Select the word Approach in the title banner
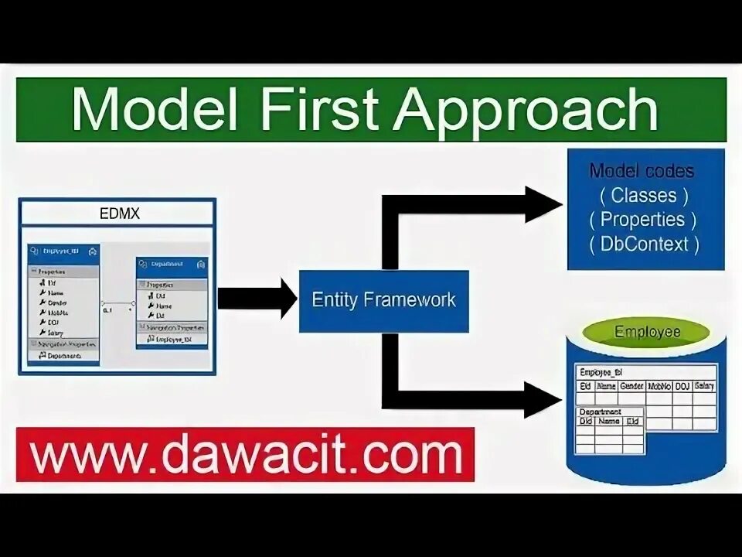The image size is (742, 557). [526, 111]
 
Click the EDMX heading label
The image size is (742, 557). [120, 213]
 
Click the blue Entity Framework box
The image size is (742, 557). [383, 300]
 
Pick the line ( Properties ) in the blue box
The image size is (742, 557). [643, 220]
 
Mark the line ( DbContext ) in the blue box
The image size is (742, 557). [643, 244]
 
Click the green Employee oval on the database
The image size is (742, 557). [647, 333]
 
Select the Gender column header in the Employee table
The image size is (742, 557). [631, 386]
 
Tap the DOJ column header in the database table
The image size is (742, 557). [681, 386]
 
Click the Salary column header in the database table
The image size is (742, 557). [704, 386]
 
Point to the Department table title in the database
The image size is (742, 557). [600, 412]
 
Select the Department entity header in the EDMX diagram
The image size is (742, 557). [172, 265]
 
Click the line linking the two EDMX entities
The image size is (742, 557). [117, 302]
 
